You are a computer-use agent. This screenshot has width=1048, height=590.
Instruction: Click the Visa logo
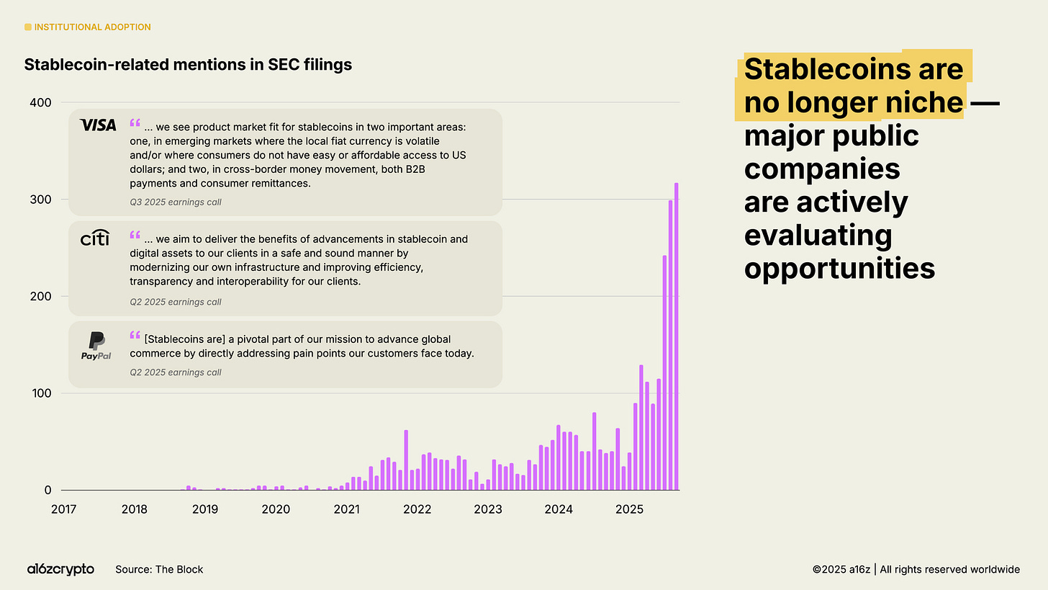[98, 125]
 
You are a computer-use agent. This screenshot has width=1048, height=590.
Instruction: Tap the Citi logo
[94, 238]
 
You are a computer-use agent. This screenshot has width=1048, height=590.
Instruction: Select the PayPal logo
[96, 347]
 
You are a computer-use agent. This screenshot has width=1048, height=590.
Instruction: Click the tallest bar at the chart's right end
[676, 336]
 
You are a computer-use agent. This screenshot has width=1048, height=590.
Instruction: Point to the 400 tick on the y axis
[41, 102]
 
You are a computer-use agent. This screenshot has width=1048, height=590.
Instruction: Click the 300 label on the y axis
[41, 200]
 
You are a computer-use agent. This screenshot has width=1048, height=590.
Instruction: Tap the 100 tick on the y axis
[41, 393]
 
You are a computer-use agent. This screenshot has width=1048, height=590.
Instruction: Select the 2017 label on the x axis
[64, 509]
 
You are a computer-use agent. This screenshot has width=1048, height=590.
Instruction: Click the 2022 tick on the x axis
[417, 509]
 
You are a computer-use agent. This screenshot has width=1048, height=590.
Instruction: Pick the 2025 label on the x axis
[629, 509]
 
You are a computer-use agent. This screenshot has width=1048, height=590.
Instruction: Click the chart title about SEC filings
[188, 65]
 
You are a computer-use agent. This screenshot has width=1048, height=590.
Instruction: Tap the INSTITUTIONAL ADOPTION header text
[92, 27]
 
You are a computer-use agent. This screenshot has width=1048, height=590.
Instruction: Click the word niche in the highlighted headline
[924, 103]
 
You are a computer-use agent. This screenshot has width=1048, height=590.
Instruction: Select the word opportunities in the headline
[839, 268]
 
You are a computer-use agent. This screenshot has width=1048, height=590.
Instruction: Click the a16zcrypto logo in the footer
[60, 569]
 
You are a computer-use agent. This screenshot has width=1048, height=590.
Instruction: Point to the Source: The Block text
[159, 569]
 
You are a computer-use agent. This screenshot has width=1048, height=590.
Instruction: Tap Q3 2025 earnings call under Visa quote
[175, 202]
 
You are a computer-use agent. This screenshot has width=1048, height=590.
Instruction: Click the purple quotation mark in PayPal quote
[135, 336]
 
